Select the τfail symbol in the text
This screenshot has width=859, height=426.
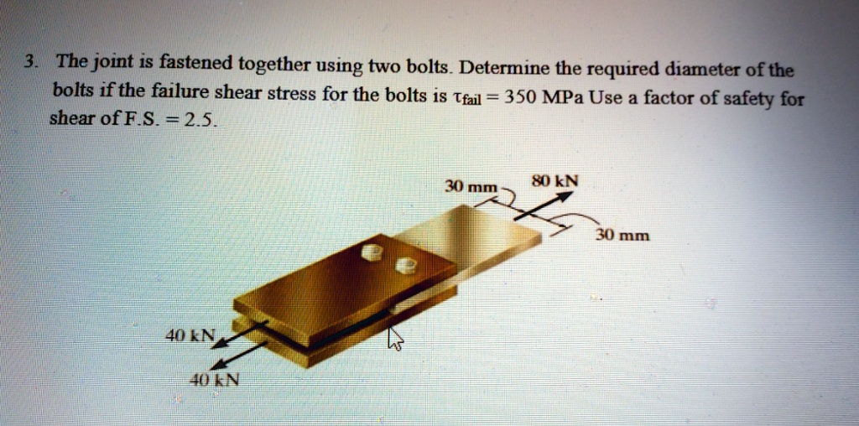(x=466, y=98)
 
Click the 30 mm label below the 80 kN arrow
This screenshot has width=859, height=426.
(x=622, y=236)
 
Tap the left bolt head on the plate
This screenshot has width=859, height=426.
(x=371, y=252)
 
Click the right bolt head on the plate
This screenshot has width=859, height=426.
(x=405, y=265)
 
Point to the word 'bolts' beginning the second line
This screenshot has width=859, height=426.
(x=73, y=90)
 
